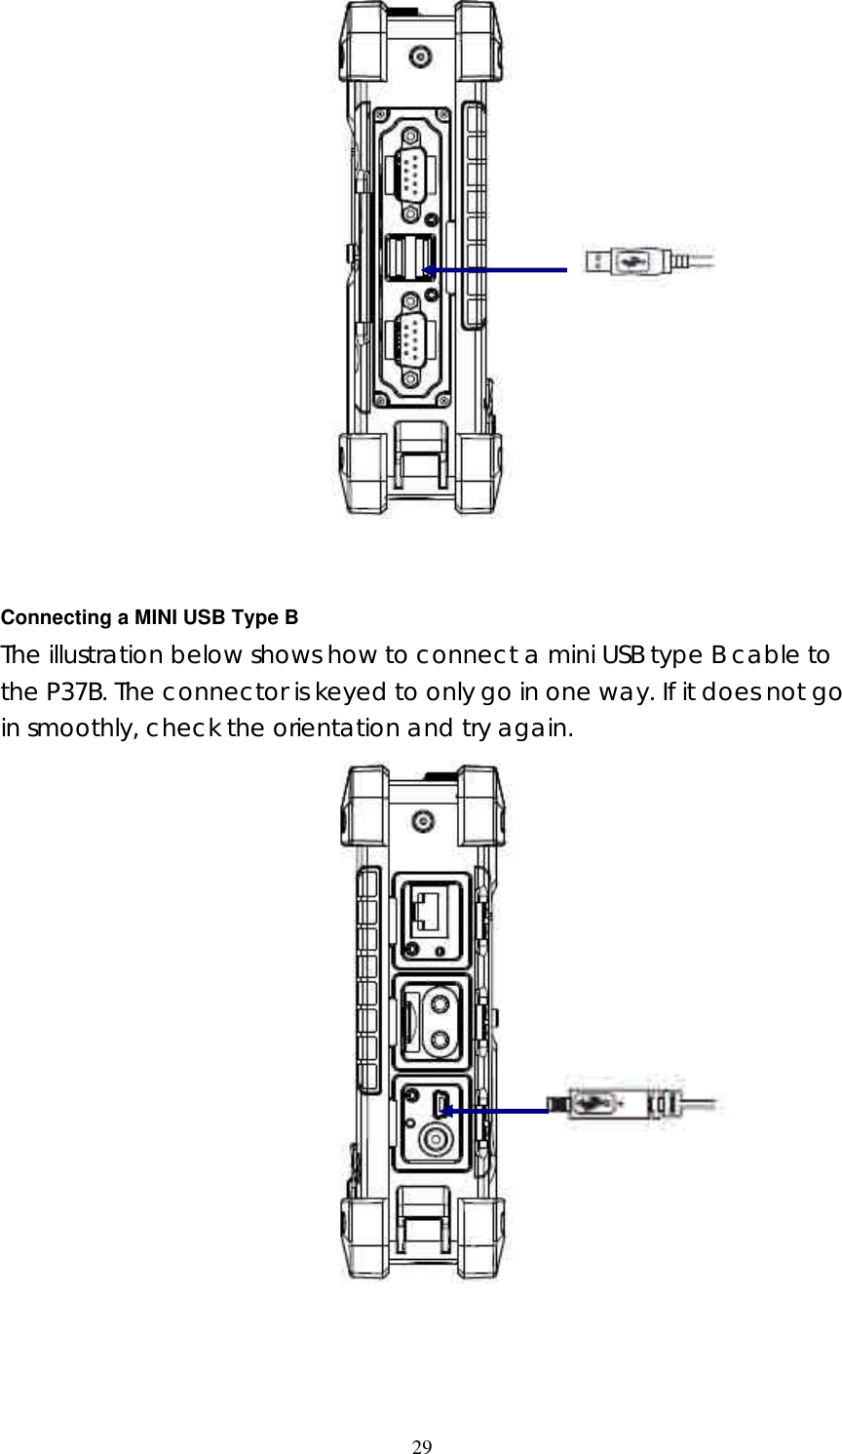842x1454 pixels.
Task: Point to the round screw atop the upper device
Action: [x=420, y=57]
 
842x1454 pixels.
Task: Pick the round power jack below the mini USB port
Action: [x=434, y=1139]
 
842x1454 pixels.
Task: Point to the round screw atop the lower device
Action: [x=420, y=822]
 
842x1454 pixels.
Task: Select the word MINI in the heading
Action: [x=154, y=617]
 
